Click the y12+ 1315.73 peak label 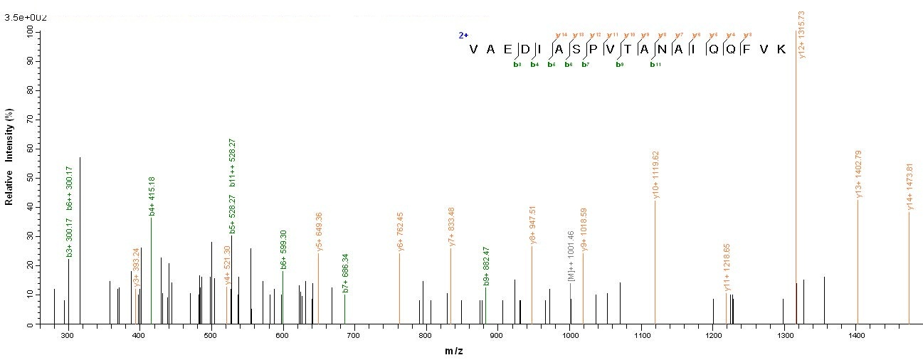[802, 35]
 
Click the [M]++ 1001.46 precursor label [571, 255]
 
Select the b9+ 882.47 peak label [487, 266]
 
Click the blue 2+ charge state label [463, 35]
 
